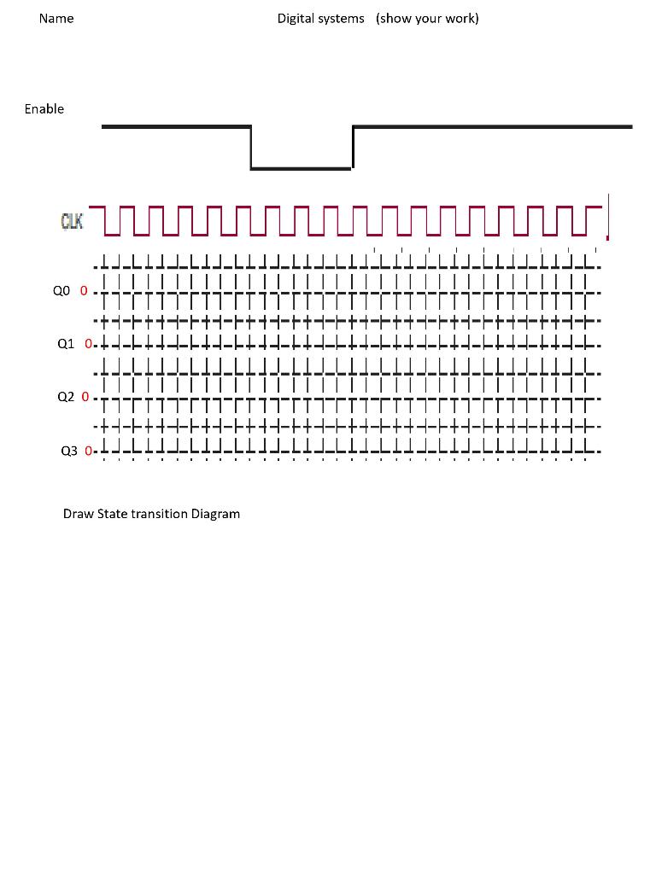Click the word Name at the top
click(x=56, y=19)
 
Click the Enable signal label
click(x=44, y=109)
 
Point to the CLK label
click(x=72, y=222)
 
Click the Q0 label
click(x=61, y=291)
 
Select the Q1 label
click(x=67, y=344)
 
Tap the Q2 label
click(x=66, y=397)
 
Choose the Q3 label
click(x=69, y=451)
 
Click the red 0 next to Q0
click(x=84, y=291)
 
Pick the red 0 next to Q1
click(x=88, y=344)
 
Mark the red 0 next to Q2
click(x=85, y=397)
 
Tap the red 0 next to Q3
click(x=88, y=451)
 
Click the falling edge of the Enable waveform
click(x=251, y=148)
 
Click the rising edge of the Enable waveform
click(x=352, y=148)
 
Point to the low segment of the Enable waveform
click(x=301, y=168)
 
